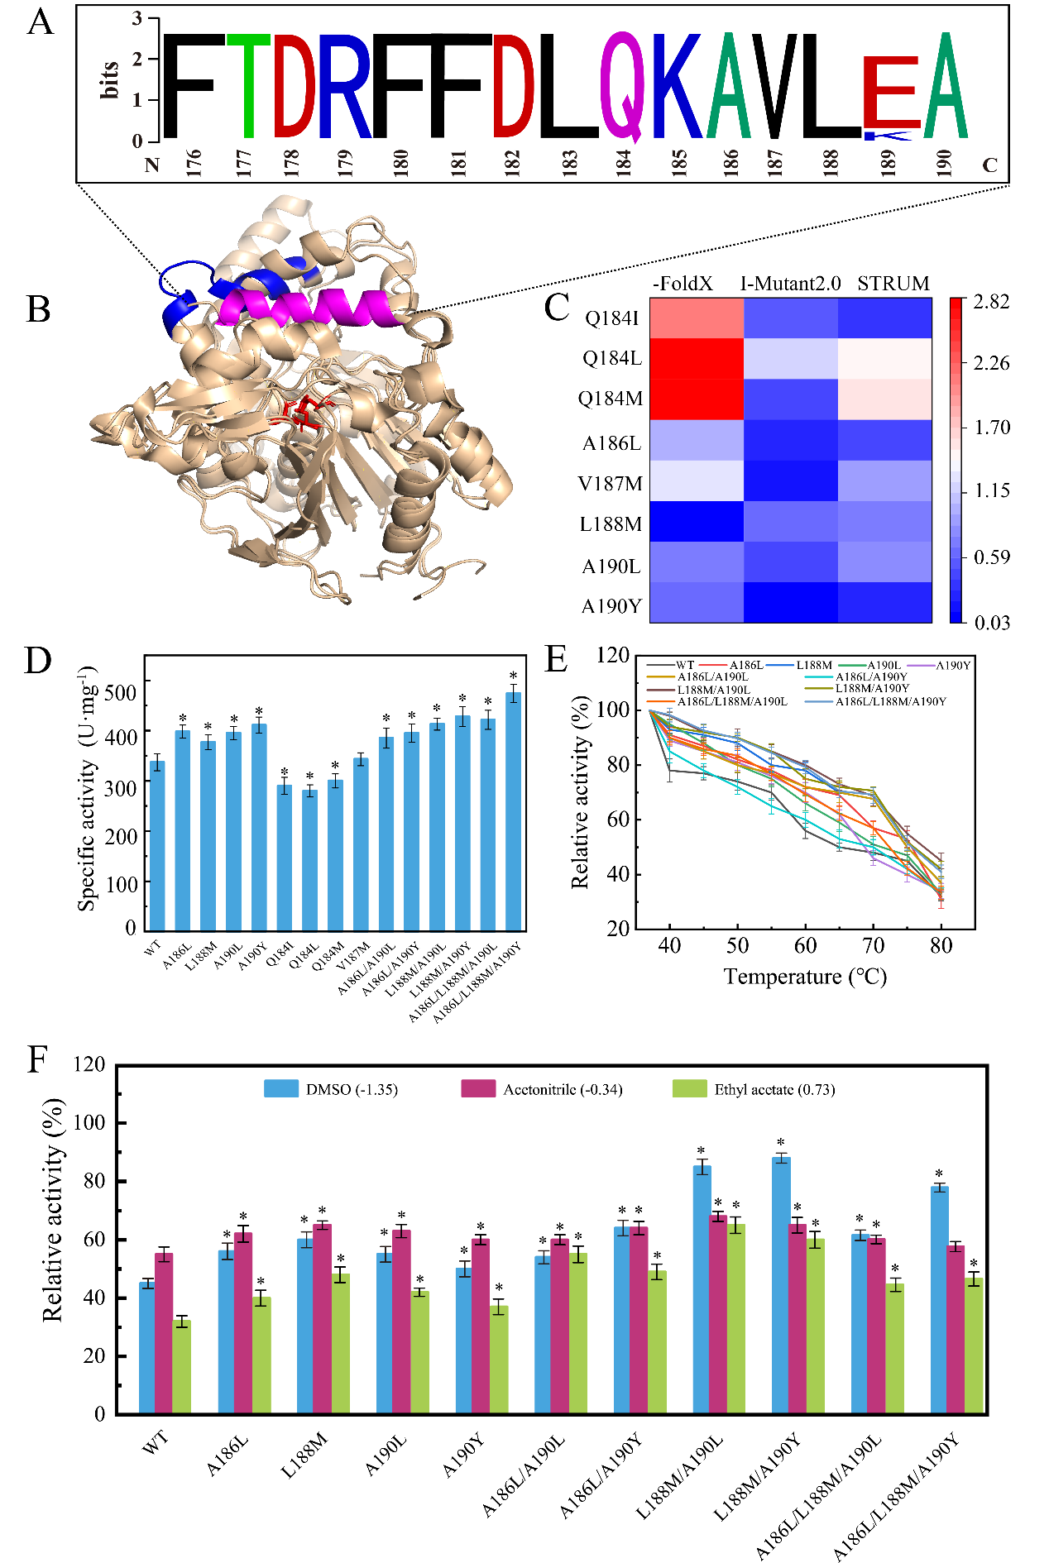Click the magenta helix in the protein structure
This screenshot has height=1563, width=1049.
(x=314, y=306)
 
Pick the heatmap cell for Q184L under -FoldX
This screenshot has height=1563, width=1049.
(x=697, y=358)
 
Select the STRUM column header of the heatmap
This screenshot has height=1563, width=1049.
(x=893, y=284)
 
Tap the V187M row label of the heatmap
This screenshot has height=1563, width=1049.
(x=610, y=484)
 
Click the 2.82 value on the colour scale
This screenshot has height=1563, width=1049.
(x=991, y=302)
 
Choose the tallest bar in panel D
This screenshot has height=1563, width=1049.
(x=513, y=811)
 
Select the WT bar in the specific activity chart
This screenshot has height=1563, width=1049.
(x=157, y=845)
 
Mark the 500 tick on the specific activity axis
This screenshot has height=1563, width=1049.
(x=121, y=692)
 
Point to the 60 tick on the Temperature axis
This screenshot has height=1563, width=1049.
(x=805, y=945)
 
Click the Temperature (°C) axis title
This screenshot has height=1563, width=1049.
(x=805, y=977)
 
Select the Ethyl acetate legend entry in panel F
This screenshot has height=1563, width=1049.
(x=774, y=1089)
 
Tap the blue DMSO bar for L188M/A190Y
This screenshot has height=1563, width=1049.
(x=781, y=1285)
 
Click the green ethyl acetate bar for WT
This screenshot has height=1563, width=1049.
(x=182, y=1366)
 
